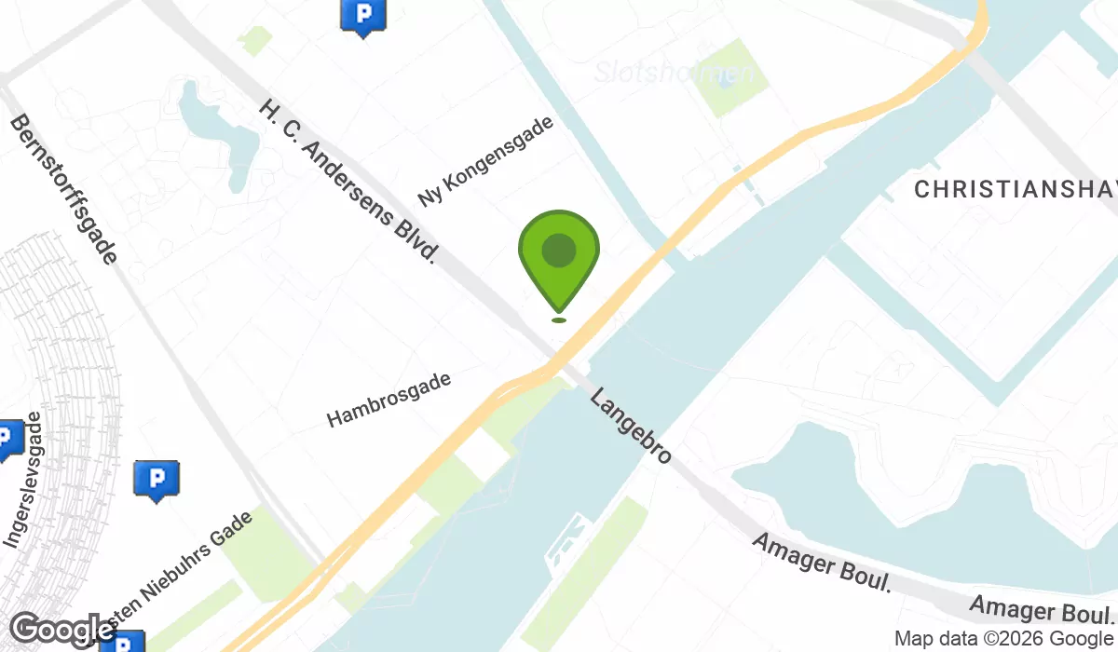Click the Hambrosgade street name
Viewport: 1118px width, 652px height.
coord(389,400)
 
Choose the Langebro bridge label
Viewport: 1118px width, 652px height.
coord(631,426)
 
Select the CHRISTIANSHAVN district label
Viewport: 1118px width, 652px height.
coord(1016,190)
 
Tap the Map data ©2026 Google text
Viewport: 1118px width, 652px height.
coord(1003,639)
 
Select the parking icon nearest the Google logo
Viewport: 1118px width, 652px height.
coord(121,643)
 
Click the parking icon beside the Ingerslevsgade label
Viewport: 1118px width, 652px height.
coord(9,438)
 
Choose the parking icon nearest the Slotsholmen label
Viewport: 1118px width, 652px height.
coord(362,15)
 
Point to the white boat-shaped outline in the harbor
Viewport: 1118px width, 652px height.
coord(567,540)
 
